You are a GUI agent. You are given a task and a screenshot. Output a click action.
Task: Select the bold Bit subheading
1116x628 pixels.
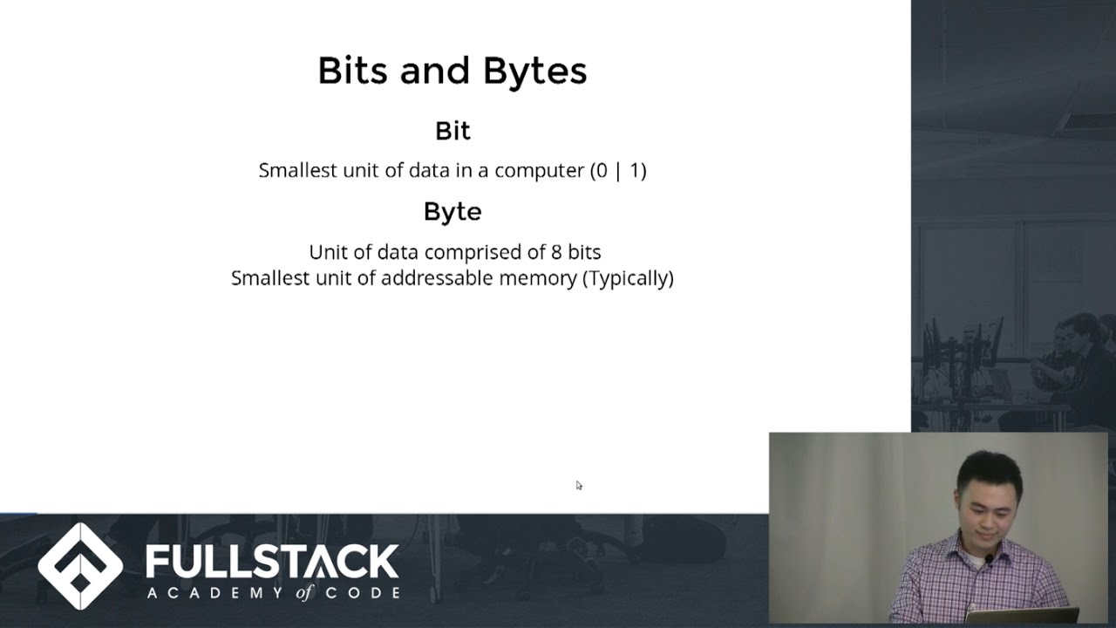click(x=453, y=131)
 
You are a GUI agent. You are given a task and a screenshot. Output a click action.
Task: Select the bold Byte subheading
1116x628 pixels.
click(x=453, y=212)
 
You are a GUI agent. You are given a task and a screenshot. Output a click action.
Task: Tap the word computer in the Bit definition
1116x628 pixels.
click(x=539, y=171)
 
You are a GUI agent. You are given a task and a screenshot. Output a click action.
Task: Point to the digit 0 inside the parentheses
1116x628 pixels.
click(x=600, y=171)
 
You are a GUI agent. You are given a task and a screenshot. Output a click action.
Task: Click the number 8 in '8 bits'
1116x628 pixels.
click(x=556, y=253)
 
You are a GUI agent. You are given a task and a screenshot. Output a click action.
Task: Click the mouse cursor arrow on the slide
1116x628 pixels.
click(x=579, y=485)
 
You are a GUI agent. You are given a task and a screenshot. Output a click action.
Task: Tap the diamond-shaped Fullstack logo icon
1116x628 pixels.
click(x=80, y=565)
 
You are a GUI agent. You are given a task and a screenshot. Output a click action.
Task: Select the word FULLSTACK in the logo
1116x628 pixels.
click(x=272, y=563)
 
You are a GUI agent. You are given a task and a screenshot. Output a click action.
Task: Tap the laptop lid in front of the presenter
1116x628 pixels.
click(x=1021, y=617)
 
